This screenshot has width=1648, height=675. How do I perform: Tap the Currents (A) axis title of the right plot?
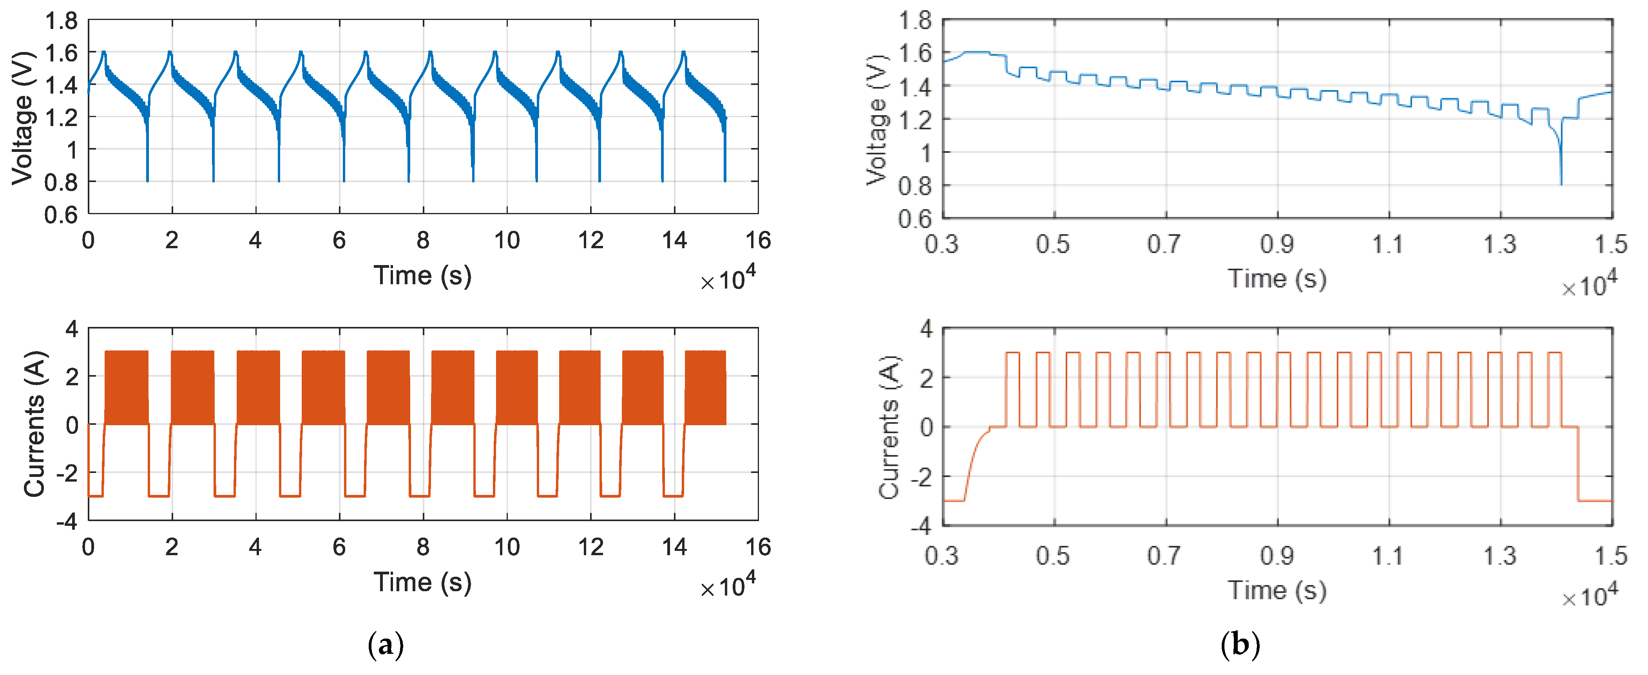click(x=889, y=427)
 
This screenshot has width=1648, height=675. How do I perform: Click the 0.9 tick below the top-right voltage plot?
click(x=1277, y=244)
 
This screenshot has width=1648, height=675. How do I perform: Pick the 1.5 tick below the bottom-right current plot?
click(x=1611, y=556)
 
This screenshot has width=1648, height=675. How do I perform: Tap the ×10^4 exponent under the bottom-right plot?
click(x=1589, y=596)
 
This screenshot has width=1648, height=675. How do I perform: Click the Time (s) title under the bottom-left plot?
click(x=422, y=582)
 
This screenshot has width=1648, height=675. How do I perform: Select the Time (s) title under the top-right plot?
click(x=1277, y=279)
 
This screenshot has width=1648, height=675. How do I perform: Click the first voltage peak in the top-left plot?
click(x=104, y=52)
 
